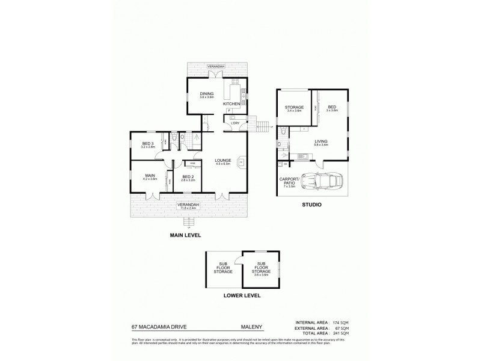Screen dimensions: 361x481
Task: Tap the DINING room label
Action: [x=207, y=94]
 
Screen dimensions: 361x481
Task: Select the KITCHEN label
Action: [x=231, y=104]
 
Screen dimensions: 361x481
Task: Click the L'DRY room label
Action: [x=235, y=123]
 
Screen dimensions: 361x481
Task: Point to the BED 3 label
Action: [x=147, y=143]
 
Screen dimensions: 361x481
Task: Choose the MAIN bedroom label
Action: [x=150, y=176]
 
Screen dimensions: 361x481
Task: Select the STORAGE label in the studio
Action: [x=294, y=107]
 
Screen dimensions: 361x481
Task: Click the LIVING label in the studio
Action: [x=321, y=142]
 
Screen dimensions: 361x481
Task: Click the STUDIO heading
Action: [x=311, y=205]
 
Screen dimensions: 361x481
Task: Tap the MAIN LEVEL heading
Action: [x=185, y=235]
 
